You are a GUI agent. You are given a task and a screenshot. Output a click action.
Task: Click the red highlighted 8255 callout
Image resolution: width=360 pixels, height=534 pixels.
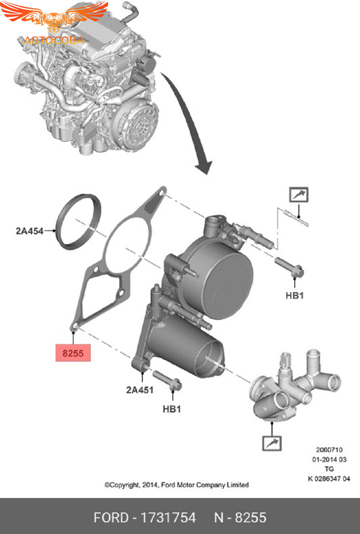(73, 353)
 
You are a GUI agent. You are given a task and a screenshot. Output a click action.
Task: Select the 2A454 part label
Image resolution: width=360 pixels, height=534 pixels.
(30, 231)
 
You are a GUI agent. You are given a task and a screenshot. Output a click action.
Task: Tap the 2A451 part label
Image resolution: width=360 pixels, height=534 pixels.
(140, 390)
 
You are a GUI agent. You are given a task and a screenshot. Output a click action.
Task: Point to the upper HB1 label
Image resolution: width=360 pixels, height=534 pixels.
(294, 295)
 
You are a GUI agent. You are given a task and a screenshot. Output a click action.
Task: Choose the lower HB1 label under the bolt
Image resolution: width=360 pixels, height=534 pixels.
(172, 409)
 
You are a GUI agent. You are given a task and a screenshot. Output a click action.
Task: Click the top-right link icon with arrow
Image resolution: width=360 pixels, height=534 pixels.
(299, 195)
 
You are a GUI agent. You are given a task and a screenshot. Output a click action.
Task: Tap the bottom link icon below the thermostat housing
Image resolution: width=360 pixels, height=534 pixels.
(272, 443)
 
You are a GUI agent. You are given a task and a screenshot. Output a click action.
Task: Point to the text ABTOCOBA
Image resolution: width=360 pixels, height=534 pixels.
(54, 40)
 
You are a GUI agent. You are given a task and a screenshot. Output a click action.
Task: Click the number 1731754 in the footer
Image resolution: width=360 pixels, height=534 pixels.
(168, 518)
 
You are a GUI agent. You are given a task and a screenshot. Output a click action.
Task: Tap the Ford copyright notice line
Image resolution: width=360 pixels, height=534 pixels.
(176, 485)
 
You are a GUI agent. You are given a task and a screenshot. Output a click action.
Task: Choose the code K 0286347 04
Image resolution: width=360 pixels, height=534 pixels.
(329, 478)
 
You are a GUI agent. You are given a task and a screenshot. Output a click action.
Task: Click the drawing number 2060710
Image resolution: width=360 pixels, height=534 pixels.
(329, 450)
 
